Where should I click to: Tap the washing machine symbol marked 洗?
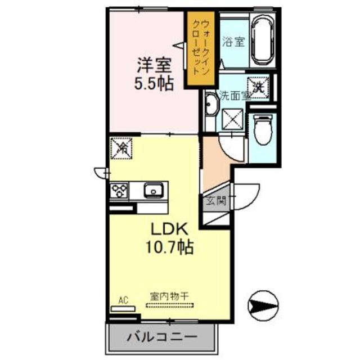(259, 87)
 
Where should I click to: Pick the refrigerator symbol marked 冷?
(121, 148)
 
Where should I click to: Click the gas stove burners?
(120, 191)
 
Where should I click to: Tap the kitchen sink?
(153, 191)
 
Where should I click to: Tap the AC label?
(123, 301)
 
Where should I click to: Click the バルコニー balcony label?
(161, 338)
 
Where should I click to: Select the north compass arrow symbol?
(263, 306)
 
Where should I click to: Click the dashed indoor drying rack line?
(169, 305)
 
